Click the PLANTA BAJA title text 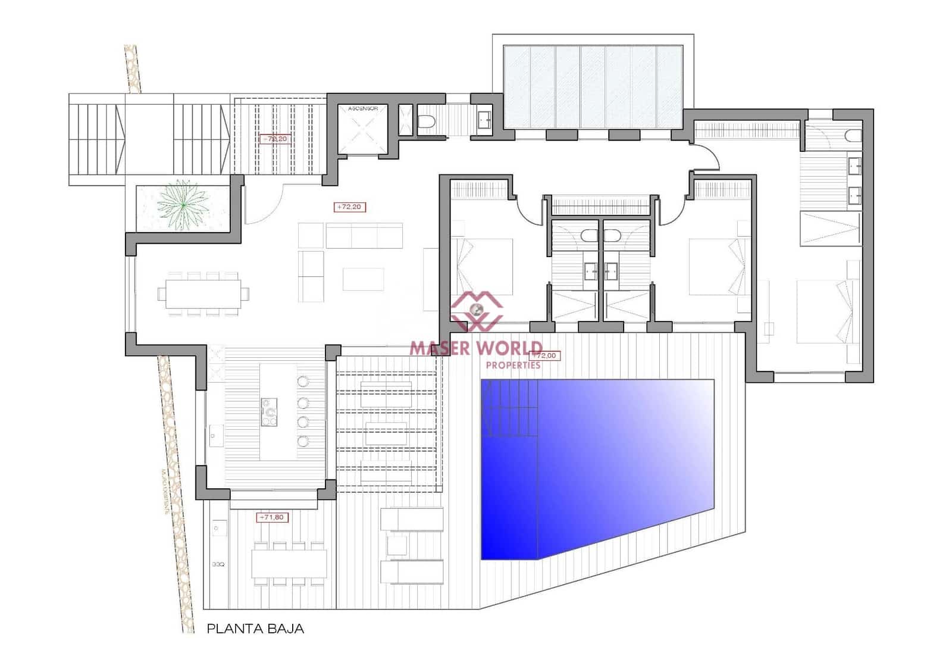tap(255, 629)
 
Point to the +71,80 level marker tap(271, 517)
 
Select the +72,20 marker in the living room tap(349, 207)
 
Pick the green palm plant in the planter tap(181, 204)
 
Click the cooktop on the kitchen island tap(270, 411)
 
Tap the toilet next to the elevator tap(426, 122)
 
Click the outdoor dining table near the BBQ tap(289, 563)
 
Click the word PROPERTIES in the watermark tap(513, 365)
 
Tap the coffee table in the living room tap(363, 279)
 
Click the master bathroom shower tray tap(830, 228)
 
